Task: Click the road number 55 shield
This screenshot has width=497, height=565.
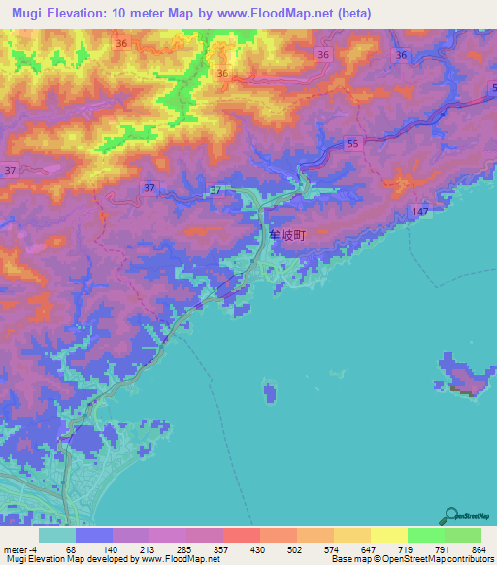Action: click(x=352, y=143)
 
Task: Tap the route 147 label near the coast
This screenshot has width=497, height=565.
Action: click(x=419, y=212)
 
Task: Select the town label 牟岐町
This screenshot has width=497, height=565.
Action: click(x=287, y=235)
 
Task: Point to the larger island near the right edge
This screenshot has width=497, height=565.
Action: click(x=465, y=376)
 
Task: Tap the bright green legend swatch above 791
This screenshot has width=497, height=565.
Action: click(x=425, y=535)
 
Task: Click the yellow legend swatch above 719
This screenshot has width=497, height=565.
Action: click(x=388, y=535)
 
